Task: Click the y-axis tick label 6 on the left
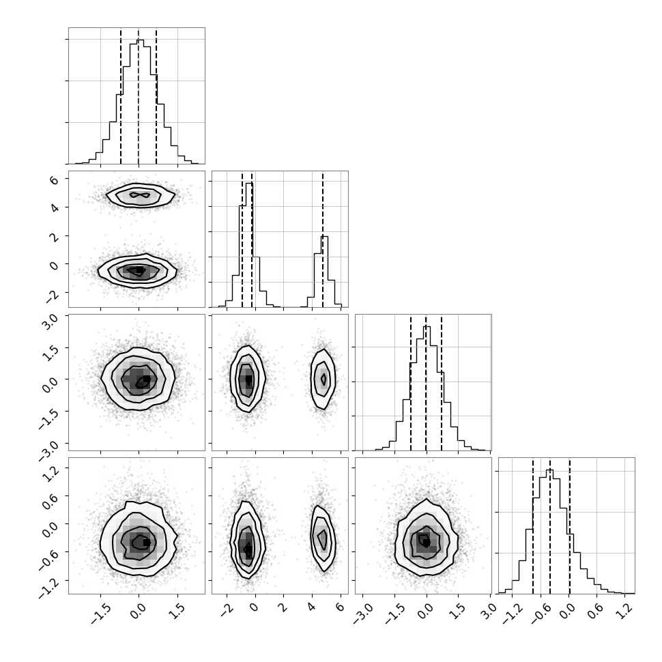[54, 180]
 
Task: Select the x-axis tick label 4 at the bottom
[311, 607]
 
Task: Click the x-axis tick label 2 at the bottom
[283, 607]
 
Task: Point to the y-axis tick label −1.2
[48, 588]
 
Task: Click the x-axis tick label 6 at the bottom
[340, 607]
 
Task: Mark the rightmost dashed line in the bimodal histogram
[323, 240]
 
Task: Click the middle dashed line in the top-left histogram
[139, 96]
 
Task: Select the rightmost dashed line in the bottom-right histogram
[570, 526]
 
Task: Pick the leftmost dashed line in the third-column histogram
[410, 382]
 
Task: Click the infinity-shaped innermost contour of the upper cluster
[139, 195]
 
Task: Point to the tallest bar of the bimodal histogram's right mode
[324, 272]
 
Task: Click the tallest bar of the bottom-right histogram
[549, 532]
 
